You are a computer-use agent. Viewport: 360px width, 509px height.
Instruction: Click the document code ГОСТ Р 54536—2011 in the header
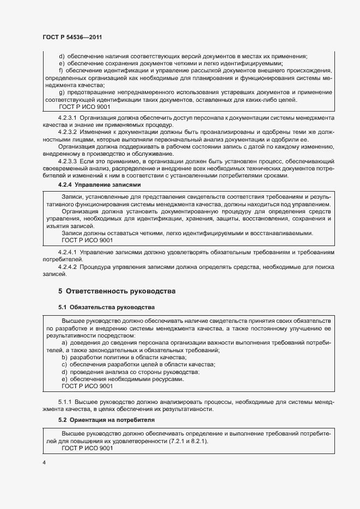72,37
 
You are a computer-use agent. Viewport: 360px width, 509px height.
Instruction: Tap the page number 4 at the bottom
44,463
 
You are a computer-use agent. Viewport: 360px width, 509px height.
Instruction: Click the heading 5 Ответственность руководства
117,291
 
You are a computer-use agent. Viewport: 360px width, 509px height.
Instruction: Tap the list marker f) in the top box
61,71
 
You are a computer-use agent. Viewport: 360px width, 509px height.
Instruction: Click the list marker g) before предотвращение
61,93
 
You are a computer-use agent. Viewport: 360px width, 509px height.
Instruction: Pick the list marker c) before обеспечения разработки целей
64,364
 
